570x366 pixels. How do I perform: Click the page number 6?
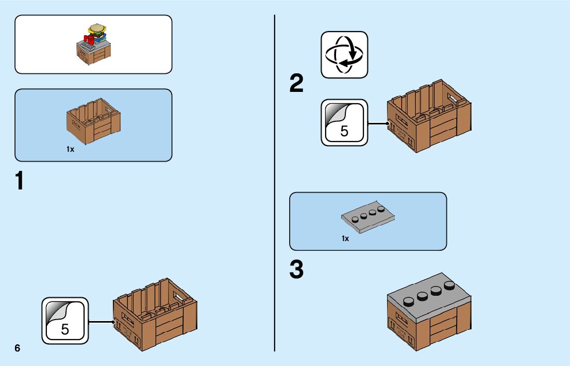(18, 348)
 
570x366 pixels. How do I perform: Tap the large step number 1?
(20, 182)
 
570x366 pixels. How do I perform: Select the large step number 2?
(297, 84)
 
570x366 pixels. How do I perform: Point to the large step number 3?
(297, 270)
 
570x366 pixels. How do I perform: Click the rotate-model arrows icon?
(344, 55)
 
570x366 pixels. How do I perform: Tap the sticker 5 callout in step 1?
(65, 321)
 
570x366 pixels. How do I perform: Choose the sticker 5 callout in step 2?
(344, 123)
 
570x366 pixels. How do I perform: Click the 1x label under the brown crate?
(71, 149)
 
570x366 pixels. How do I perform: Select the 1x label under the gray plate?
(345, 238)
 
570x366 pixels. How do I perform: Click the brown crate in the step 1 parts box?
(93, 122)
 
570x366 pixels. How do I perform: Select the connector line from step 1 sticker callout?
(101, 322)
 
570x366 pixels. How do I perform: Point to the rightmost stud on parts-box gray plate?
(381, 209)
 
